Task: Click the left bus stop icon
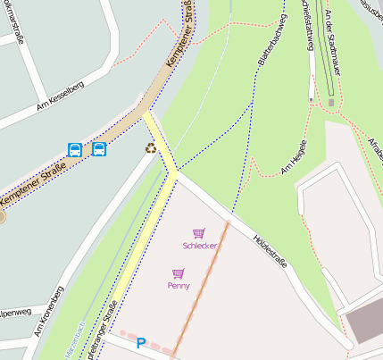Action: click(75, 149)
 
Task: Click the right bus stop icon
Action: click(98, 149)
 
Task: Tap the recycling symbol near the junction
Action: click(151, 147)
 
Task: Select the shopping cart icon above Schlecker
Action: click(198, 233)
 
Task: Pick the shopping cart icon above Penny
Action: click(179, 273)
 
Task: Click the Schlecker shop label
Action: click(199, 246)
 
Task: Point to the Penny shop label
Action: click(179, 286)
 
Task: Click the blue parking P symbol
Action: click(140, 342)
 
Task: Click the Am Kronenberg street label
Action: click(50, 312)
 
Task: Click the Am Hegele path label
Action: click(295, 156)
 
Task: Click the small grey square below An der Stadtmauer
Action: click(331, 103)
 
